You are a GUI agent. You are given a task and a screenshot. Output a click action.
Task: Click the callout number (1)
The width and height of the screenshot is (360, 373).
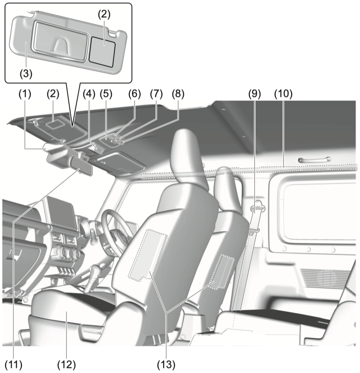tap(25, 94)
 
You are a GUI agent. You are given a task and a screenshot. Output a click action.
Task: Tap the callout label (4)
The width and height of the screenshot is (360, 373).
tap(89, 94)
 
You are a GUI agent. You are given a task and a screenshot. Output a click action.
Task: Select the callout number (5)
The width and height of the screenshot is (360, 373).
tap(106, 94)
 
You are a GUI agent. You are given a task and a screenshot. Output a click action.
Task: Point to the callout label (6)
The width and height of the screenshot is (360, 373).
tap(134, 94)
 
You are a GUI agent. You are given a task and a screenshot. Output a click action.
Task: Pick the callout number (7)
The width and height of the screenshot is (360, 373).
tap(156, 94)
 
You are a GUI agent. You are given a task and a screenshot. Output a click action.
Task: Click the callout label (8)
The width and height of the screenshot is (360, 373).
tap(178, 94)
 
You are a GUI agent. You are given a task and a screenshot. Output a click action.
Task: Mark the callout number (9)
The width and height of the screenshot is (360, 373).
tap(254, 94)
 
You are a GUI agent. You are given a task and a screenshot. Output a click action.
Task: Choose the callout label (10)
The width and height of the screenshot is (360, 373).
tap(283, 94)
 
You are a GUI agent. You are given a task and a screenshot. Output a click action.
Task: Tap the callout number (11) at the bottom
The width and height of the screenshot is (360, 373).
tap(14, 365)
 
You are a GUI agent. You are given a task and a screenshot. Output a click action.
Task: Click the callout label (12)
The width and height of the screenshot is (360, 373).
tap(67, 365)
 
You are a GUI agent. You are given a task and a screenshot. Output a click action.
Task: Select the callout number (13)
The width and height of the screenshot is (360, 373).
tap(166, 365)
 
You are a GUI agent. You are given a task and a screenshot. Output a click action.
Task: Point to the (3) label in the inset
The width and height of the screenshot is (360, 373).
tap(26, 74)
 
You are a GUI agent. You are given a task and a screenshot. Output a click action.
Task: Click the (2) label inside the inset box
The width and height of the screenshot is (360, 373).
tap(104, 15)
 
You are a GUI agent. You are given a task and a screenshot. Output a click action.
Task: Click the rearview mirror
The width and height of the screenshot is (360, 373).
tap(80, 166)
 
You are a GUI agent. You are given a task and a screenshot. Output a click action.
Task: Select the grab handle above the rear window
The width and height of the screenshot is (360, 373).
tap(314, 160)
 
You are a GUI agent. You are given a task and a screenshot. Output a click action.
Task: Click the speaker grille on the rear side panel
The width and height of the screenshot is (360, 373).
tap(324, 278)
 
